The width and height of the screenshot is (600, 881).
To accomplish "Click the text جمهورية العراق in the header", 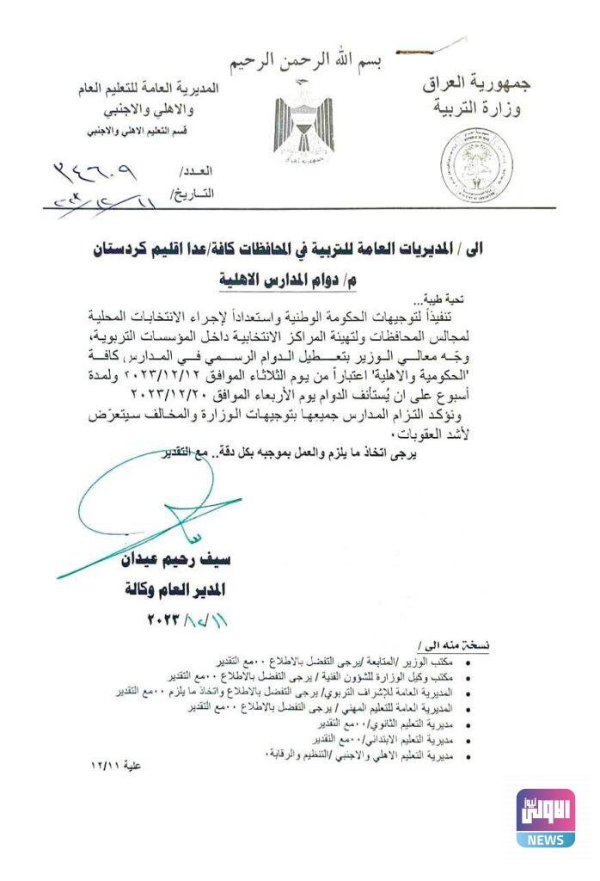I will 478,84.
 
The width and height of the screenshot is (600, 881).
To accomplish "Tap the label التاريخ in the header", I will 193,194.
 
